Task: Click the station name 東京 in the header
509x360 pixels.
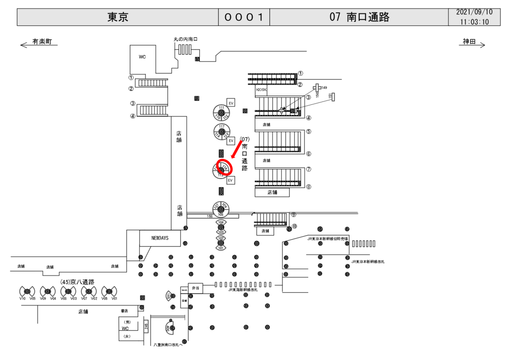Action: click(x=118, y=17)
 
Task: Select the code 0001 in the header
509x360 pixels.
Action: click(x=244, y=17)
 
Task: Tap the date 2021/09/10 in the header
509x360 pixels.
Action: click(x=474, y=12)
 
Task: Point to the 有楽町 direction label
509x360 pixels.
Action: click(x=42, y=42)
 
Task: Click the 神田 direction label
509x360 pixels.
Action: click(x=469, y=42)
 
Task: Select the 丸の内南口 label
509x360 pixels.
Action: click(x=186, y=38)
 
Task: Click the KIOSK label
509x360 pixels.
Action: click(x=261, y=90)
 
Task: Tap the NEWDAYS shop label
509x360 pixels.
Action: click(x=160, y=238)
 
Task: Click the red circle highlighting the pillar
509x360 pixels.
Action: click(x=225, y=167)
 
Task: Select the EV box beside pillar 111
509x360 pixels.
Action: click(x=231, y=103)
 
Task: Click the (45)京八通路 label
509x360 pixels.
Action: click(x=77, y=282)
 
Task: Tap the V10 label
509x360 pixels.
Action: click(x=22, y=298)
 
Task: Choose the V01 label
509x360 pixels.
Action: click(x=114, y=298)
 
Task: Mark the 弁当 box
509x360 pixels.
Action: click(x=195, y=288)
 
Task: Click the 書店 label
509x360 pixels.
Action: click(x=124, y=311)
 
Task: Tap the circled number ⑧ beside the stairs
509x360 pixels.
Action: click(x=309, y=187)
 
